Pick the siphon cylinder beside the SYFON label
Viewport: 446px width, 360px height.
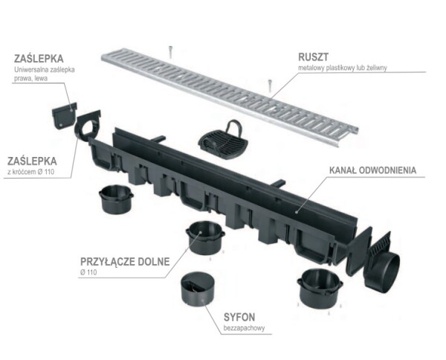pos(198,292)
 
